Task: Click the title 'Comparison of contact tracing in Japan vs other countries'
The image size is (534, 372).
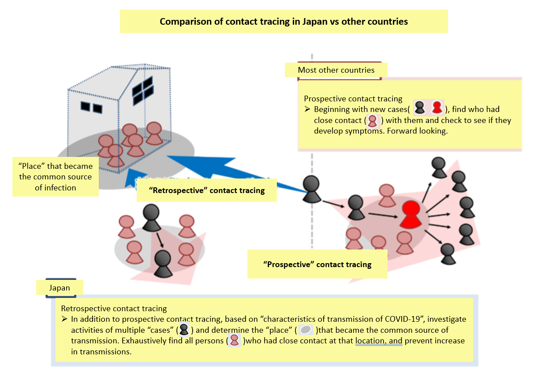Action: [x=284, y=21]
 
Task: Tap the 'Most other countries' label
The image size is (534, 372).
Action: [x=336, y=70]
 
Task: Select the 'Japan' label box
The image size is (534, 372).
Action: [x=59, y=288]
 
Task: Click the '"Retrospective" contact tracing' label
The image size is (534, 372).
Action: [x=207, y=190]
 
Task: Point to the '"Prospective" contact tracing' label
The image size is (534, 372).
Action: [x=317, y=264]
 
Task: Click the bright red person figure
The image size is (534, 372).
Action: [x=411, y=214]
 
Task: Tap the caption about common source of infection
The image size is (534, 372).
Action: [x=56, y=177]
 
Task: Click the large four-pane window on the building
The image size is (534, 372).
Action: [x=142, y=88]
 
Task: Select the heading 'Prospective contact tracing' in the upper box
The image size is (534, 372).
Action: [x=353, y=99]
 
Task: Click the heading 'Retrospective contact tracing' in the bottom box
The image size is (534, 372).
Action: [x=114, y=309]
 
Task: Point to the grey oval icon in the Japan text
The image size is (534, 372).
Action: [x=306, y=330]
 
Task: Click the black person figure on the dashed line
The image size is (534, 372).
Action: [x=312, y=189]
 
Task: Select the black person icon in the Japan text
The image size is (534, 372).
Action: [x=184, y=330]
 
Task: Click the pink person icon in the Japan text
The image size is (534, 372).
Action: [x=235, y=341]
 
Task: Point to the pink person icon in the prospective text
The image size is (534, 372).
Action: [x=373, y=120]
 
